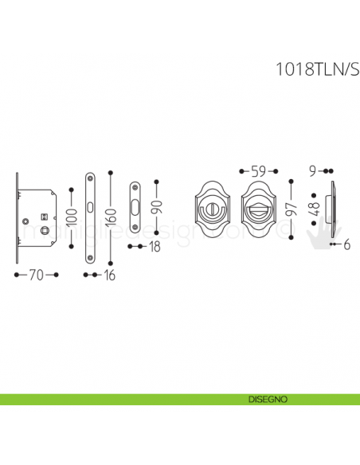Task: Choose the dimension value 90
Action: (x=159, y=209)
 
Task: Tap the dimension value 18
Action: (x=155, y=247)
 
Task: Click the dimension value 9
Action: (x=314, y=170)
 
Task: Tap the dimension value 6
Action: (x=347, y=246)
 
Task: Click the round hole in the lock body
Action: (x=26, y=219)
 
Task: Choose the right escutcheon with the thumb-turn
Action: (x=259, y=209)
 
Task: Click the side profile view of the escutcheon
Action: (x=332, y=209)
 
